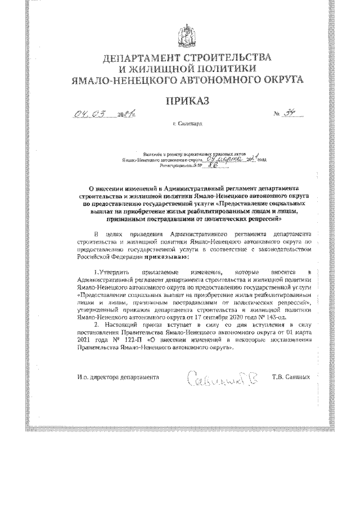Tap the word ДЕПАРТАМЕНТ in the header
(145, 58)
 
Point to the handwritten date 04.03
(93, 115)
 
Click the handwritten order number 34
(291, 114)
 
